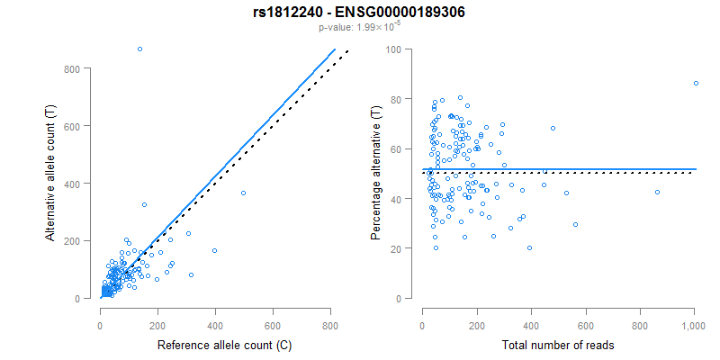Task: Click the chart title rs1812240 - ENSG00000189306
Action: pos(359,12)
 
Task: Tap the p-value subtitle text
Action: pos(359,28)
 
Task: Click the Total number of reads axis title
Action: pos(558,345)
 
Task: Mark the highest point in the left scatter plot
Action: pos(139,49)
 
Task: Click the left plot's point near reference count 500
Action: pos(243,193)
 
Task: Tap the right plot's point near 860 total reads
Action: pos(657,192)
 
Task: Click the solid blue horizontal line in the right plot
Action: pos(558,169)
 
